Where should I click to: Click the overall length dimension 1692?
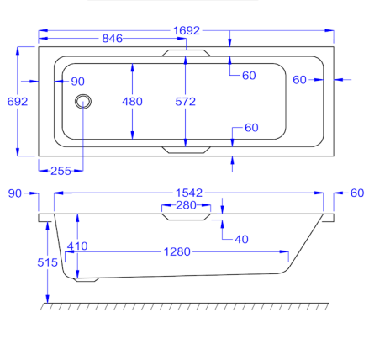coord(187,30)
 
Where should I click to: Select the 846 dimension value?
coord(112,39)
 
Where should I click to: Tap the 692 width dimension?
coord(18,102)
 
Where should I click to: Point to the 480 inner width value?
coord(132,102)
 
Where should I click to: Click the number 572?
coord(185,102)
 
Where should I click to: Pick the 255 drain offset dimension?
coord(61,171)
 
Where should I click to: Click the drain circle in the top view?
coord(83,101)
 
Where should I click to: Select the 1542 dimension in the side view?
coord(189,193)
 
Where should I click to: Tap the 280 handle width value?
coord(186,205)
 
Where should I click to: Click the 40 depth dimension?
coord(241,240)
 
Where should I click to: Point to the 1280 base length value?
coord(177,251)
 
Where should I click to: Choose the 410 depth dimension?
coord(77,246)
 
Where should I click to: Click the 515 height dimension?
coord(47,262)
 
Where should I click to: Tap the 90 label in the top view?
coord(77,82)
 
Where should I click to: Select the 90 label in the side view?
coord(15,193)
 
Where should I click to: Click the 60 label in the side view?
coord(357,193)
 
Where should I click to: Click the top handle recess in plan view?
coord(186,53)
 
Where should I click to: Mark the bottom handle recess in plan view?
coord(186,150)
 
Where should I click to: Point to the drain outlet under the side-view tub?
coord(87,279)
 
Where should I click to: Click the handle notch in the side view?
coord(186,217)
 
